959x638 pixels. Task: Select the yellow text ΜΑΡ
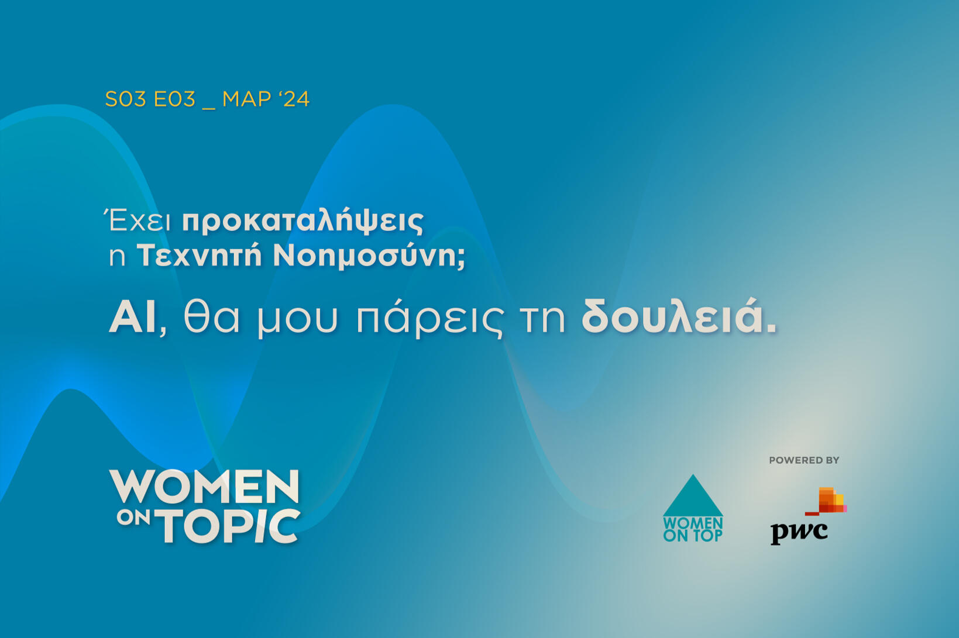[x=247, y=99]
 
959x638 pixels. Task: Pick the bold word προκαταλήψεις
[x=303, y=222]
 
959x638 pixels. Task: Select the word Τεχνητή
[x=199, y=256]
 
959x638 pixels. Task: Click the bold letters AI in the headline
[x=132, y=319]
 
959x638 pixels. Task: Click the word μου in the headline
[x=298, y=323]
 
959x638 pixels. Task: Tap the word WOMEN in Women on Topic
[x=204, y=487]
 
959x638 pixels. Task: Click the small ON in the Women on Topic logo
[x=133, y=518]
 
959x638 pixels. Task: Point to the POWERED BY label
[x=804, y=460]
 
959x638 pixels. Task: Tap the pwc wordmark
[x=799, y=533]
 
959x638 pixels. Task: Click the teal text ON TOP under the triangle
[x=693, y=536]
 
